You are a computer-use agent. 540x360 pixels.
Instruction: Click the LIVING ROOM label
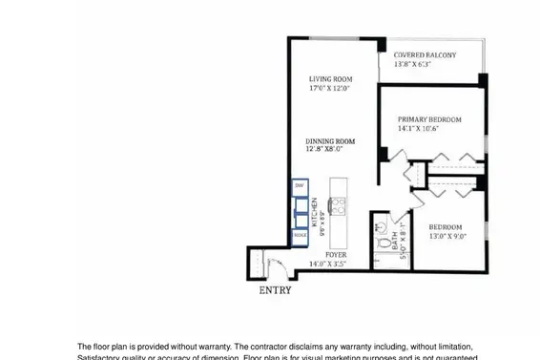pos(330,79)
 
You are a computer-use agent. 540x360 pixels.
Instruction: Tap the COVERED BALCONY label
pos(425,55)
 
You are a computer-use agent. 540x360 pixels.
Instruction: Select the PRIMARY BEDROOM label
pos(429,119)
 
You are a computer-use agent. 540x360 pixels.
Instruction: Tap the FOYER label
pos(336,255)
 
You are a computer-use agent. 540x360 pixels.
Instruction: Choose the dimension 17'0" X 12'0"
pos(329,89)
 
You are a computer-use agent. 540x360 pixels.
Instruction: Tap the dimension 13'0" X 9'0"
pos(447,236)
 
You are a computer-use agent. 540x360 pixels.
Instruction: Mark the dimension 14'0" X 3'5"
pos(335,264)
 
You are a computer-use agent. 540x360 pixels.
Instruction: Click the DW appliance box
pos(299,184)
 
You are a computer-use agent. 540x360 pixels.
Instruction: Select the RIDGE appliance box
pos(300,234)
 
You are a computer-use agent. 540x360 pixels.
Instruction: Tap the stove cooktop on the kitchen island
pos(337,202)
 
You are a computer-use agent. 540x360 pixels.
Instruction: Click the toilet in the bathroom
pos(380,242)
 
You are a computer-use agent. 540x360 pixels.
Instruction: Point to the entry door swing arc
pos(277,266)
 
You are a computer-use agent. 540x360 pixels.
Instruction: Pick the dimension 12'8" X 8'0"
pos(323,149)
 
